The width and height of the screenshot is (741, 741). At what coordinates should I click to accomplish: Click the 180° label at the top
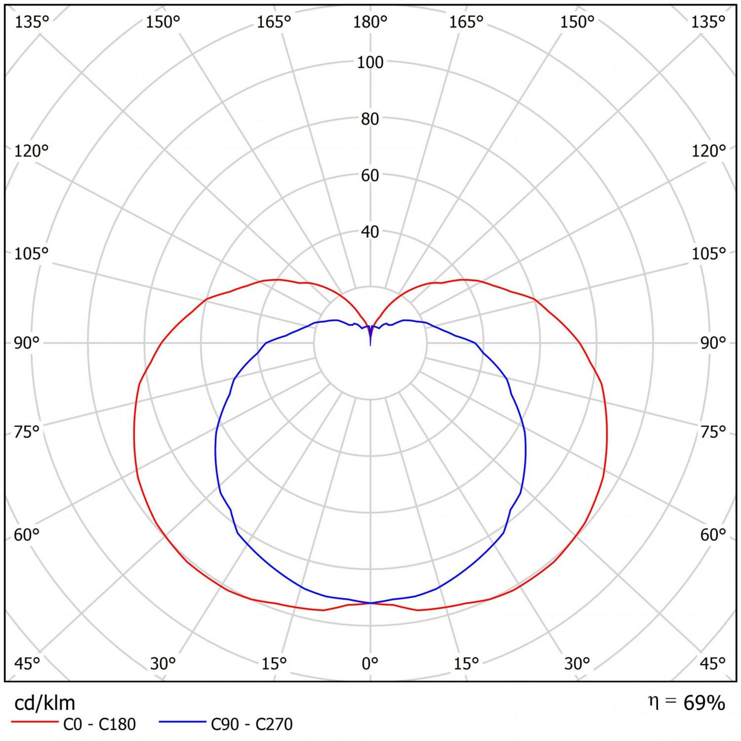(370, 22)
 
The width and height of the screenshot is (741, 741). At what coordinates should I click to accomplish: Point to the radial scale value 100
(370, 63)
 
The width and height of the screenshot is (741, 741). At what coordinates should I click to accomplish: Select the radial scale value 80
(370, 119)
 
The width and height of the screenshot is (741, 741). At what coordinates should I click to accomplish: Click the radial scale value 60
(370, 176)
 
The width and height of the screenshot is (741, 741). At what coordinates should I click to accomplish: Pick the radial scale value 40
(370, 232)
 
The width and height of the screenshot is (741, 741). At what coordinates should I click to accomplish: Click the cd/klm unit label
(44, 704)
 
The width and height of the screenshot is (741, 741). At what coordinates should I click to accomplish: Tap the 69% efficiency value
(704, 704)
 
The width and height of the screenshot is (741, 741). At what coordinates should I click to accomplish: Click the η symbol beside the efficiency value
(653, 702)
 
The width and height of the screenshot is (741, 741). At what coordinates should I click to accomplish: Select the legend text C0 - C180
(100, 724)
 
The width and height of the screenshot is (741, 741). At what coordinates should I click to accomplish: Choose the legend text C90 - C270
(252, 724)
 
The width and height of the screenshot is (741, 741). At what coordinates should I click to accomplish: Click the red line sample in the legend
(35, 721)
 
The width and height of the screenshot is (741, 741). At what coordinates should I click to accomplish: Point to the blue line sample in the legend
(182, 721)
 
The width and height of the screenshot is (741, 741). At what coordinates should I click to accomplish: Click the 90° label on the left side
(27, 343)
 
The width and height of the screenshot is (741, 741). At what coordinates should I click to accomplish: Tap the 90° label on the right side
(713, 343)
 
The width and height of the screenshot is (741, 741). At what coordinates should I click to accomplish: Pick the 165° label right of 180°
(466, 22)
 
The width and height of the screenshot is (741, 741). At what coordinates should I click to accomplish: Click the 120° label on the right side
(709, 151)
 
